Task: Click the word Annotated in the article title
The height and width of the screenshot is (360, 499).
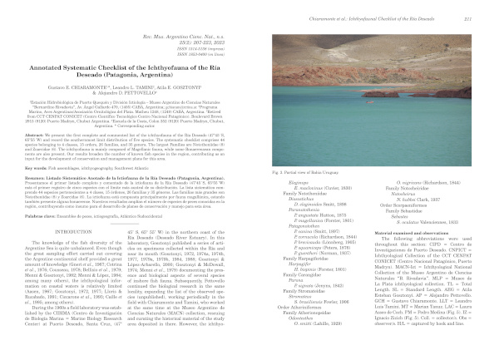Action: pyautogui.click(x=55, y=67)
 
